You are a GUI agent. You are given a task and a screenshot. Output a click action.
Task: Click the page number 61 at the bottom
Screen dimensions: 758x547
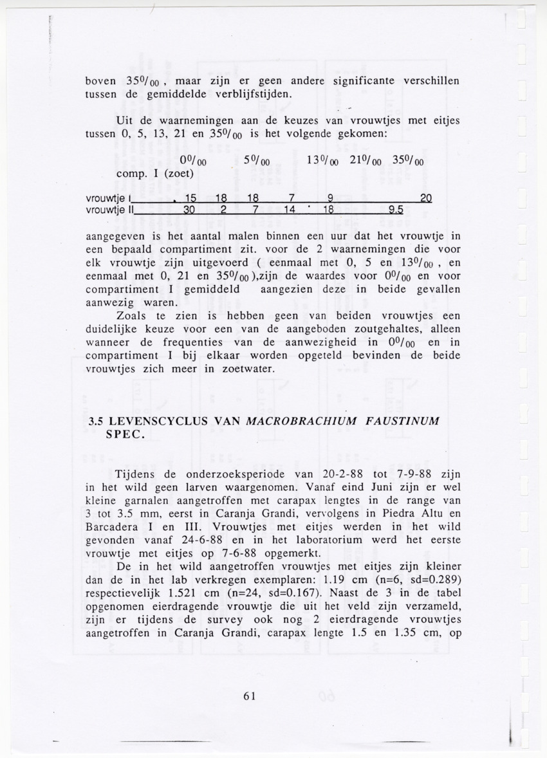[x=250, y=695]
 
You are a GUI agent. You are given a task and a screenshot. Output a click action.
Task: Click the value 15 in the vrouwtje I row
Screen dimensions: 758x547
[x=190, y=198]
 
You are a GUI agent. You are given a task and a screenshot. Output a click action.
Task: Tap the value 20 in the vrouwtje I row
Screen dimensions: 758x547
[x=426, y=198]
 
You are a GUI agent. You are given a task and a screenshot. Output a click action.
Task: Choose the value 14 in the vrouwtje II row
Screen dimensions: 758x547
[x=289, y=209]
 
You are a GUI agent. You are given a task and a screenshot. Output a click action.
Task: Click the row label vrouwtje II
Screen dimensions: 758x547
[x=109, y=209]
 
